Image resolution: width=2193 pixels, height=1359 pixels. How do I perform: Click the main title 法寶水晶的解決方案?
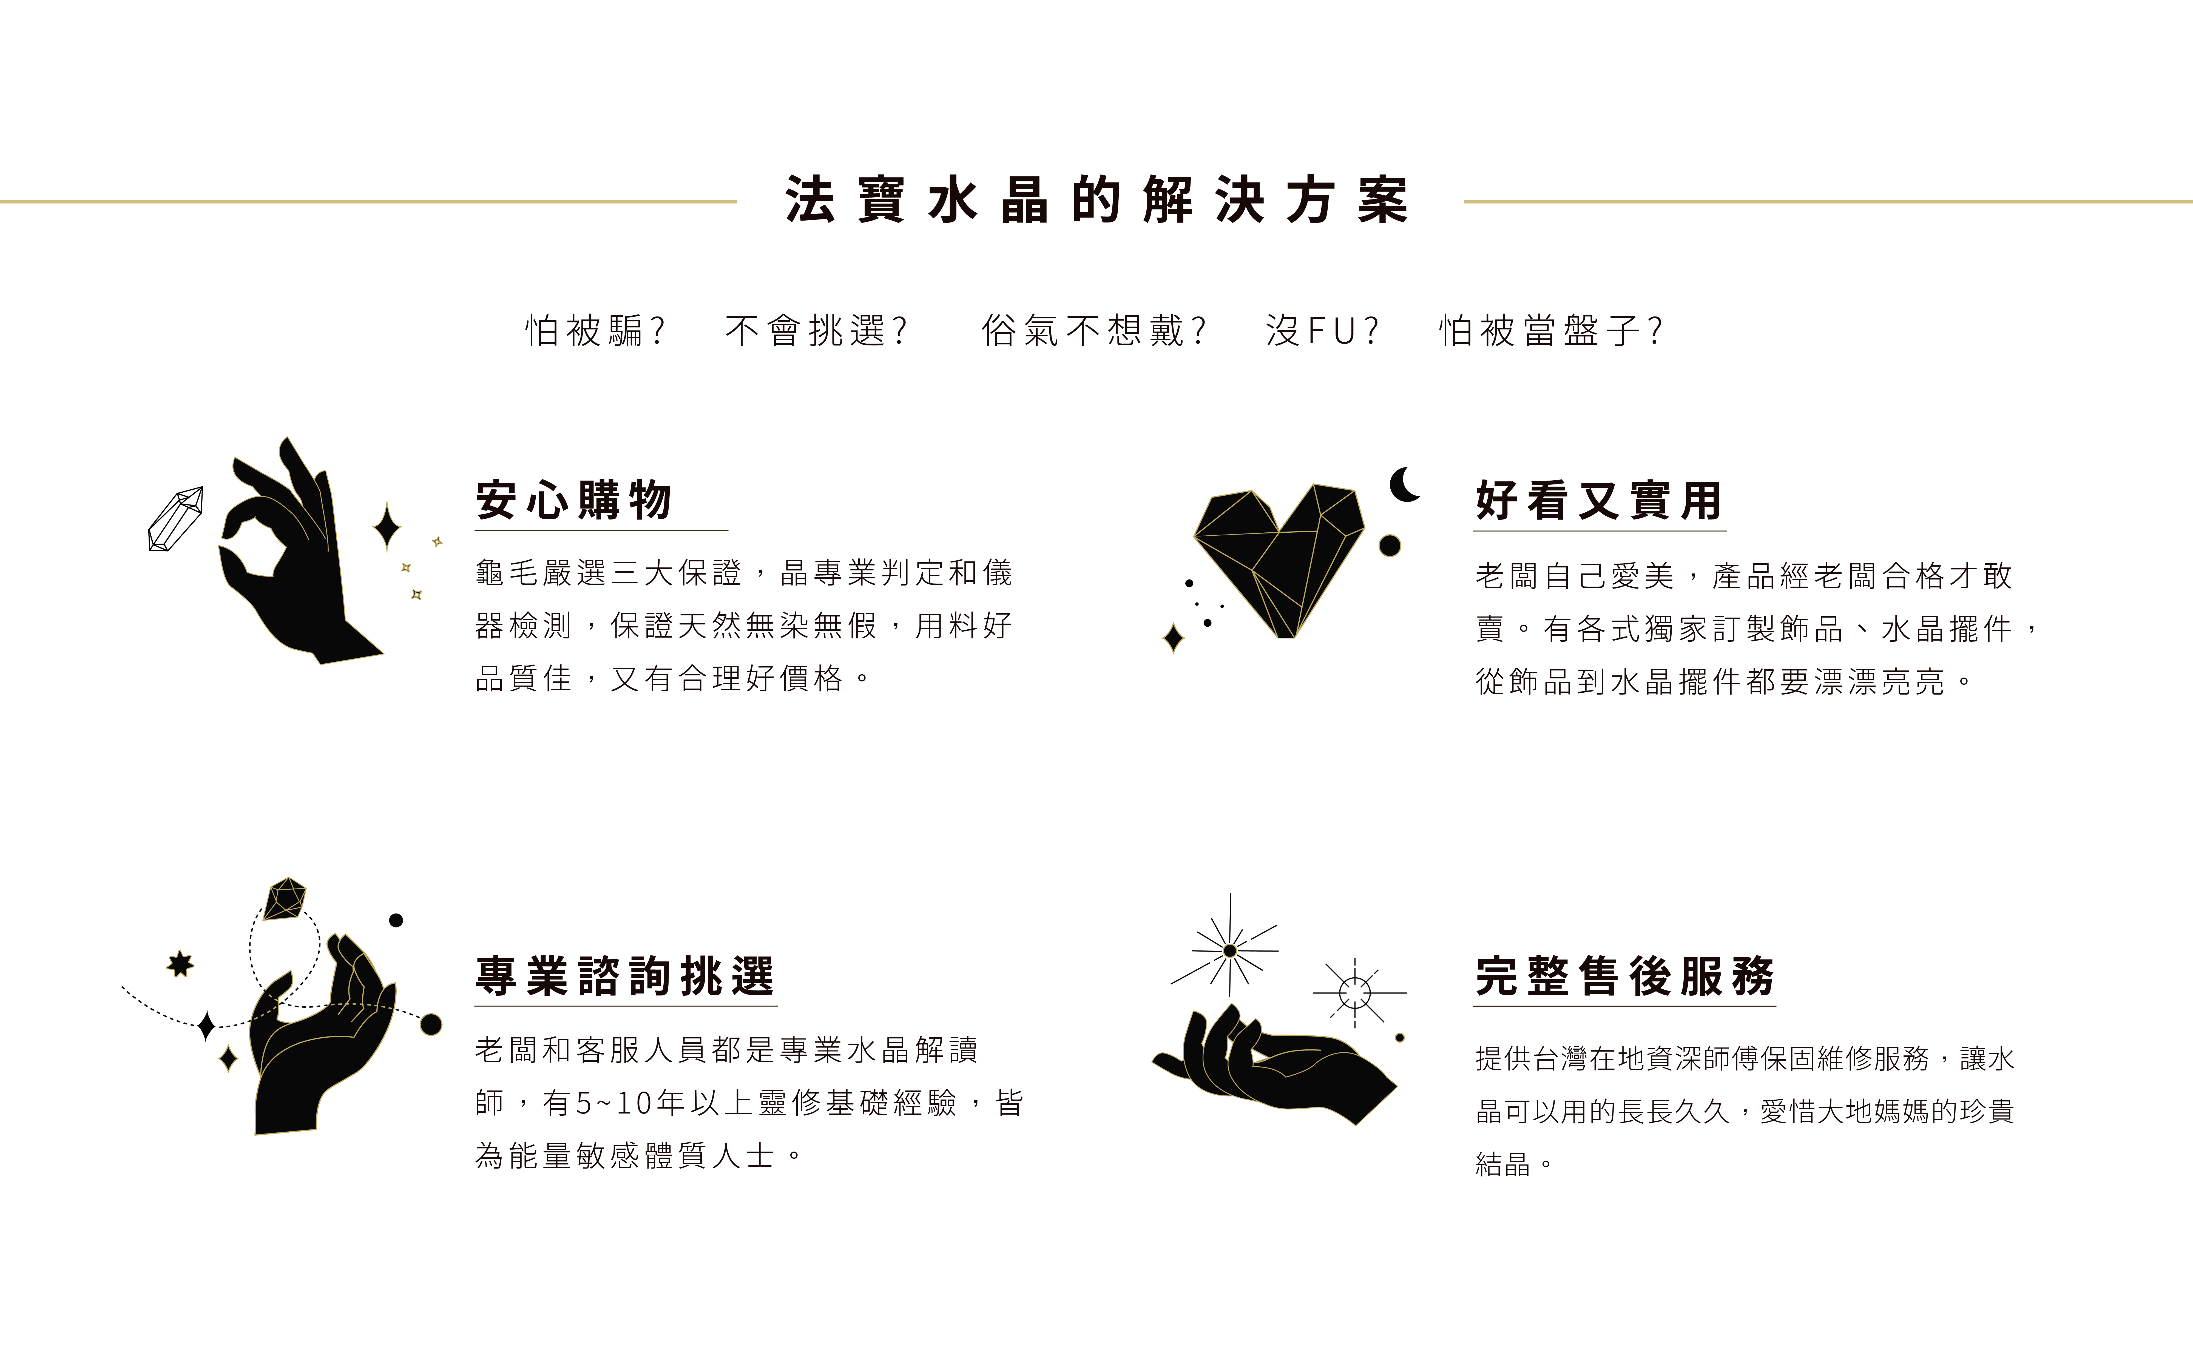pyautogui.click(x=1096, y=199)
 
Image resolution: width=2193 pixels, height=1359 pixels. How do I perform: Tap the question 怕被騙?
pyautogui.click(x=595, y=331)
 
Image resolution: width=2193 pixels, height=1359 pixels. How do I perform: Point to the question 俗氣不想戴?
pyautogui.click(x=1093, y=331)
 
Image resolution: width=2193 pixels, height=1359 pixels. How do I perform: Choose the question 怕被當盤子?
pyautogui.click(x=1551, y=331)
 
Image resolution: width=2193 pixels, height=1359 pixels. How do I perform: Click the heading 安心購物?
pyautogui.click(x=574, y=500)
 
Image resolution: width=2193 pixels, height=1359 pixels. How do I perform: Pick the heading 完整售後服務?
pyautogui.click(x=1624, y=976)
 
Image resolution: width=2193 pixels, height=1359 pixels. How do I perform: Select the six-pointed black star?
pyautogui.click(x=181, y=964)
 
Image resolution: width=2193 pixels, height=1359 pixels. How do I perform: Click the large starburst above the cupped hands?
pyautogui.click(x=1229, y=950)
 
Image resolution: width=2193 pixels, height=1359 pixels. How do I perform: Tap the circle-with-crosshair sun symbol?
pyautogui.click(x=1355, y=993)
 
